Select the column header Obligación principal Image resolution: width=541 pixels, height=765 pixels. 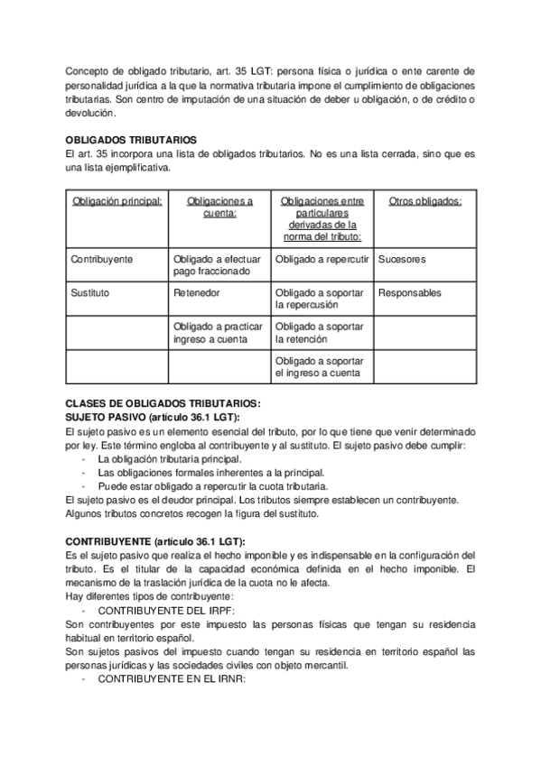click(117, 201)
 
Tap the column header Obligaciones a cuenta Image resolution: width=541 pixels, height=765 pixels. click(219, 207)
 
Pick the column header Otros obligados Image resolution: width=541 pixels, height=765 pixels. click(424, 201)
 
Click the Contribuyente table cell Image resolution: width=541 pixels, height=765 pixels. click(102, 259)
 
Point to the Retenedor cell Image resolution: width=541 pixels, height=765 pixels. click(196, 293)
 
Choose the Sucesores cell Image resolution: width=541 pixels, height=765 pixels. click(402, 259)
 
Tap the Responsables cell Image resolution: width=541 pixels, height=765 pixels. click(410, 293)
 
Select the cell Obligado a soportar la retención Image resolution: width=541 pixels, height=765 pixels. click(320, 333)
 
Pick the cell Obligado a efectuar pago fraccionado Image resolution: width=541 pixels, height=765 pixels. click(217, 265)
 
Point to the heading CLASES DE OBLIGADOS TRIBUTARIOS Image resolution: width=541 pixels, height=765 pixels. click(163, 402)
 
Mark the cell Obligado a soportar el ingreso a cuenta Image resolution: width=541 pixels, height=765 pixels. click(320, 366)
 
